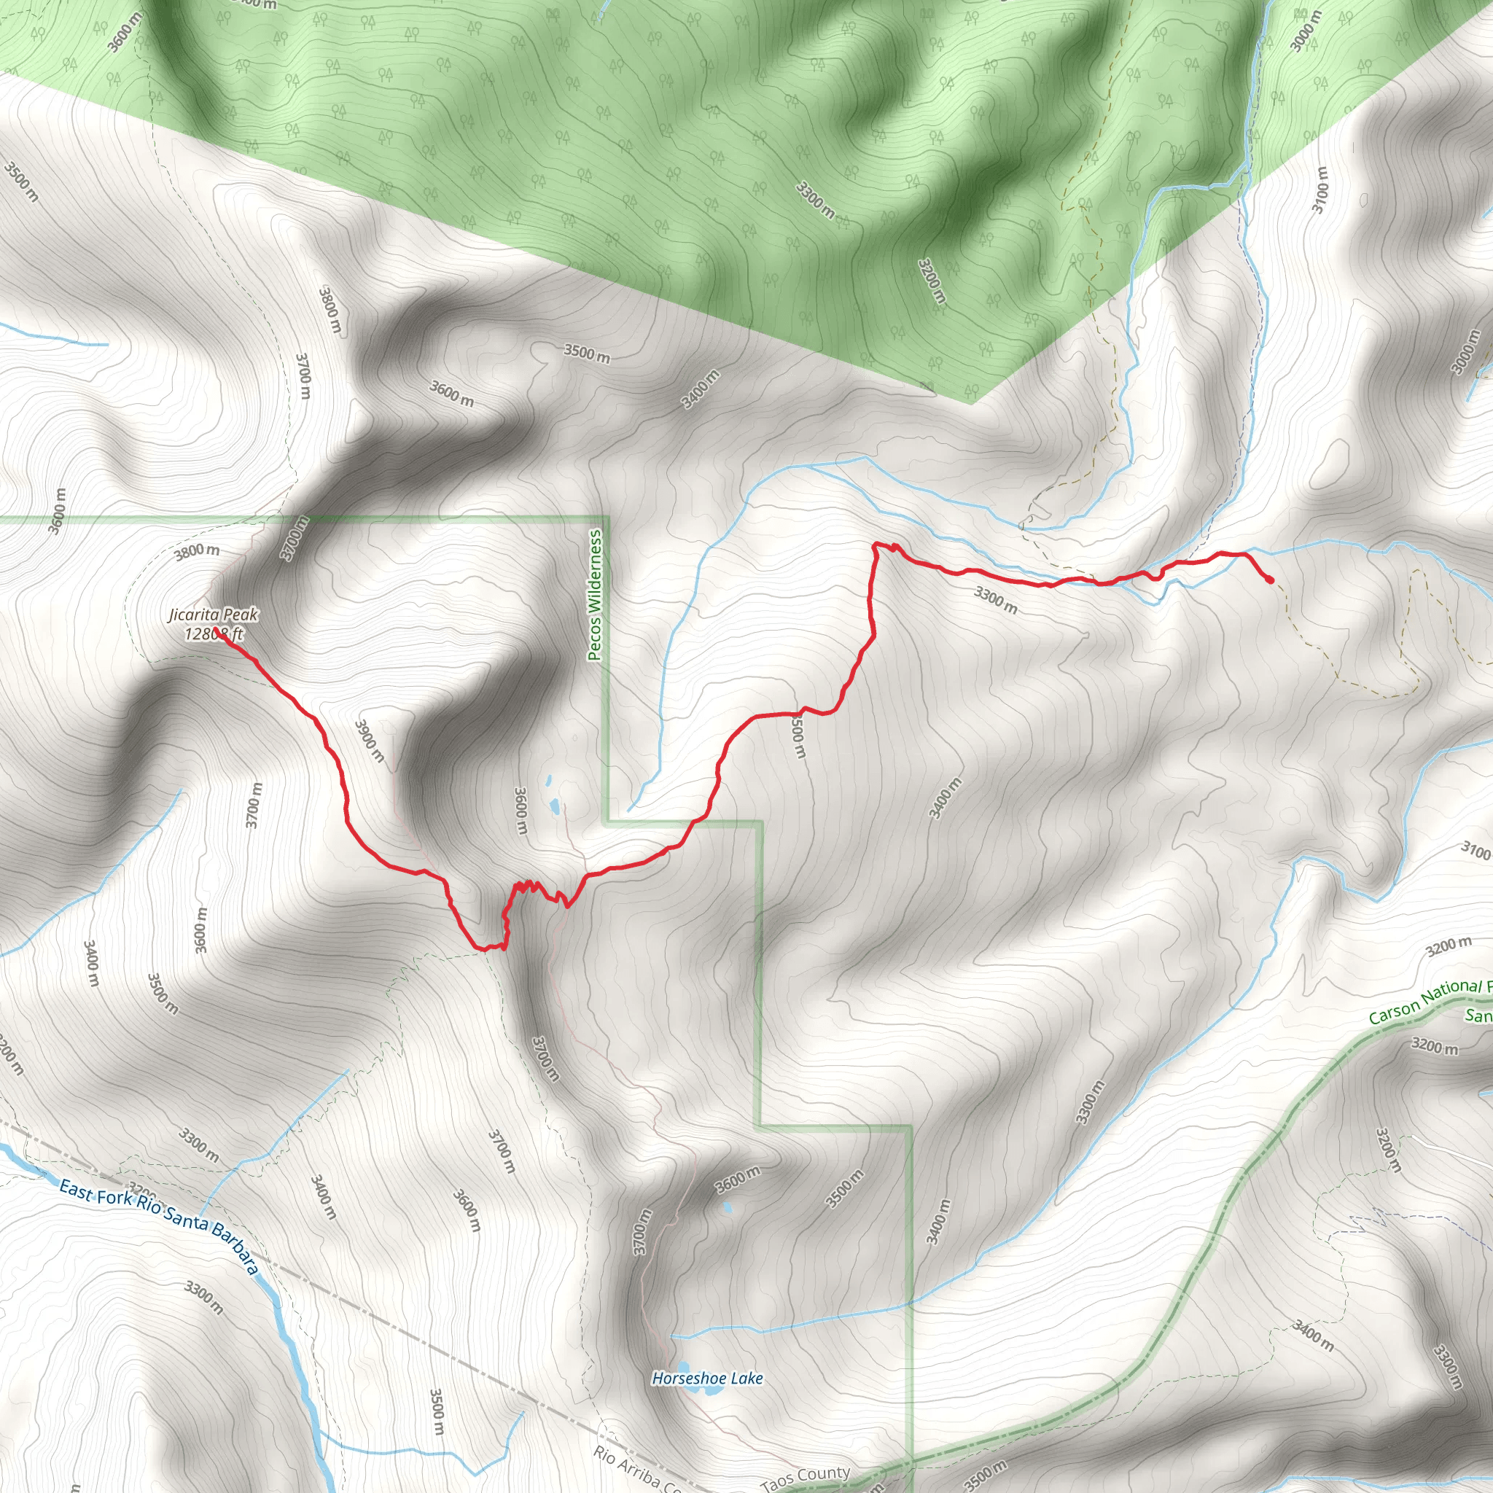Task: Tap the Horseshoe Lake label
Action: click(707, 1378)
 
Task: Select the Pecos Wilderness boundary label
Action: click(594, 594)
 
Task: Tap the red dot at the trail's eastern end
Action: click(1271, 580)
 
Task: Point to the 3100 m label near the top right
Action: click(1320, 190)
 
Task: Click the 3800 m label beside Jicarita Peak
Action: click(196, 551)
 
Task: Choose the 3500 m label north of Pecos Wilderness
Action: click(587, 353)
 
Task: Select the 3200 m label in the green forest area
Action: click(932, 281)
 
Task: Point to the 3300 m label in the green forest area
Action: click(815, 199)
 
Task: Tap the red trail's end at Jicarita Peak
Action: click(220, 635)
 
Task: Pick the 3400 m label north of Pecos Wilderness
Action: click(700, 389)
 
